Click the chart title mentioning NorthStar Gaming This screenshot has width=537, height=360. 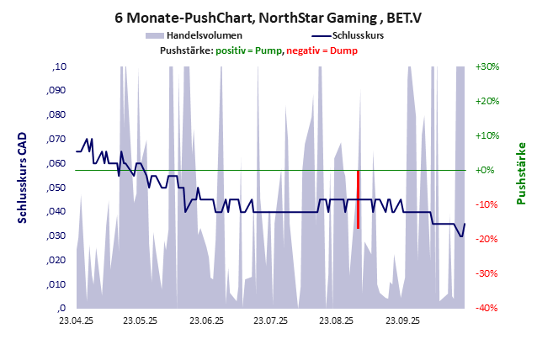[x=268, y=16]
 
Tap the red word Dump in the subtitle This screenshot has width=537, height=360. [x=343, y=50]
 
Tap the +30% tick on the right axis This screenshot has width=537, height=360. [x=487, y=66]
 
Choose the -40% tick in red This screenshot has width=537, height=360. [x=487, y=308]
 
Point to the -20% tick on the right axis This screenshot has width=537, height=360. [x=487, y=239]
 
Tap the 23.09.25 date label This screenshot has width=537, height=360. [x=402, y=320]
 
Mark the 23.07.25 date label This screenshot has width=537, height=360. [x=271, y=320]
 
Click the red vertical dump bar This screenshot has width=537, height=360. [x=358, y=199]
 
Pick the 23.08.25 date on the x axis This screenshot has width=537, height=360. [x=337, y=320]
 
